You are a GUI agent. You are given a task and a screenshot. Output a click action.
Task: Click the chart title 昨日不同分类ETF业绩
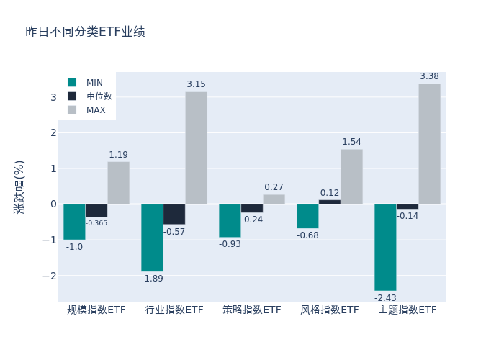pos(85,32)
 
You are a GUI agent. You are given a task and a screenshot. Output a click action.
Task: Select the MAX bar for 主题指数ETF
pos(429,144)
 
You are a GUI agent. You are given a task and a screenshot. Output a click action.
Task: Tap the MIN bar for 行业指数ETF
pos(152,238)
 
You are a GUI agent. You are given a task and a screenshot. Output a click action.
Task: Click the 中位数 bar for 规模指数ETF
pos(96,210)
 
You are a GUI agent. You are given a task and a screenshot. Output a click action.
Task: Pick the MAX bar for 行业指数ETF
pos(196,148)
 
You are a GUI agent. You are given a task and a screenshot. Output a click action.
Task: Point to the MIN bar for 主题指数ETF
pos(385,247)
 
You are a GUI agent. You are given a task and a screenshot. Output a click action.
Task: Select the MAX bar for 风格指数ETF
pos(351,176)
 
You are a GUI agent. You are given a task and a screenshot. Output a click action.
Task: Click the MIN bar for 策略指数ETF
pos(230,220)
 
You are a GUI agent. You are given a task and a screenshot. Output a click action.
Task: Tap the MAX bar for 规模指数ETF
pos(119,183)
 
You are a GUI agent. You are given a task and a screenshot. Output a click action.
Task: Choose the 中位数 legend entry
pos(99,96)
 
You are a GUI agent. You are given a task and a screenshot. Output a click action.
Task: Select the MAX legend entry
pos(96,110)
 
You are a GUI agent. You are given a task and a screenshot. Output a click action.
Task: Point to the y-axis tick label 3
pos(53,97)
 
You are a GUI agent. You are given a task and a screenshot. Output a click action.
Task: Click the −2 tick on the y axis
pos(50,276)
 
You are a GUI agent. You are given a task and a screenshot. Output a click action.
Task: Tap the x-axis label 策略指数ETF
pos(252,310)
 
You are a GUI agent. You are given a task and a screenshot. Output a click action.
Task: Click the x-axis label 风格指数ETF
pos(330,310)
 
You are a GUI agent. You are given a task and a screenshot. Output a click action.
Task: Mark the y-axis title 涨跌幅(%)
pos(19,186)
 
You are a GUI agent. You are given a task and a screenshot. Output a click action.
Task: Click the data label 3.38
pos(429,76)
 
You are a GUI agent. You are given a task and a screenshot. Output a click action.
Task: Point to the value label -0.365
pos(96,223)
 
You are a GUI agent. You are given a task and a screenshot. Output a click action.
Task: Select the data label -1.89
pos(152,279)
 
